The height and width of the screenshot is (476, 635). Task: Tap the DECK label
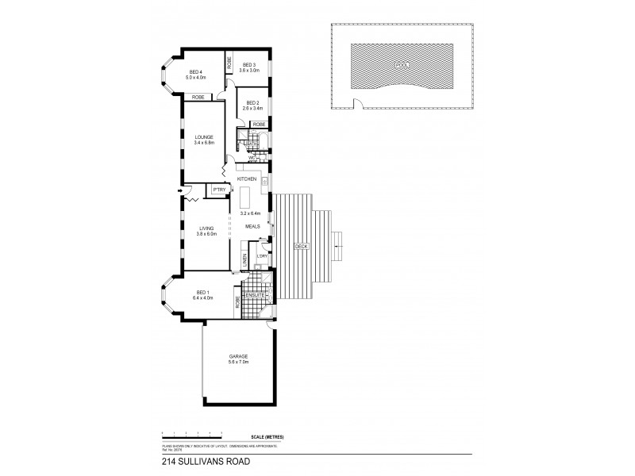click(302, 247)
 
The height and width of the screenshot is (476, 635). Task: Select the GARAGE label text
click(238, 357)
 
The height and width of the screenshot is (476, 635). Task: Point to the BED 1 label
click(202, 292)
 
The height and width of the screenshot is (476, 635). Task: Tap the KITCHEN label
click(247, 180)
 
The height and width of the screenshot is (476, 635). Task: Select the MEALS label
click(252, 226)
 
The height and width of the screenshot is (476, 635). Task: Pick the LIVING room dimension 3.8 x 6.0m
click(206, 234)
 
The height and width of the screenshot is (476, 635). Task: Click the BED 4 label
click(195, 72)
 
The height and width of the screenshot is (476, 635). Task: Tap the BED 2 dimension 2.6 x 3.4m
click(253, 109)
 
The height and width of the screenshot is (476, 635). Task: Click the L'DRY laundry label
click(262, 255)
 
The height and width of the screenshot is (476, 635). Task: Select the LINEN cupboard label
click(244, 259)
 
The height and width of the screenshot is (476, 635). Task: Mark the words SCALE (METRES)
click(266, 437)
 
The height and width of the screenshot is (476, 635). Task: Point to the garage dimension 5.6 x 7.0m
click(238, 363)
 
